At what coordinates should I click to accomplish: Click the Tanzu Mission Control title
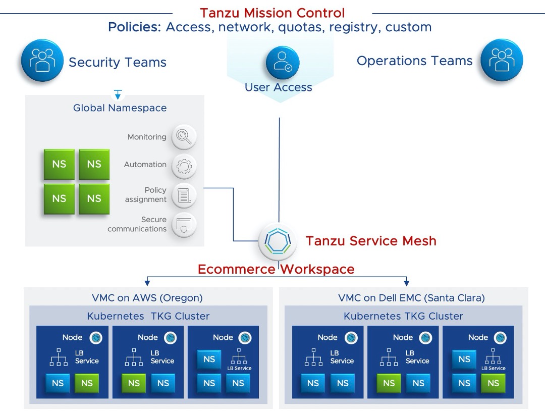coord(272,13)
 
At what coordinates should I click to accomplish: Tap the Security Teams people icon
coord(42,61)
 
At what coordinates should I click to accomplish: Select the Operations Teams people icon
coord(502,61)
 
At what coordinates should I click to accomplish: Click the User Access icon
coord(283,62)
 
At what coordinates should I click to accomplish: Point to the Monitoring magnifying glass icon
coord(184,137)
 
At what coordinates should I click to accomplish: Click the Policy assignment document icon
coord(184,195)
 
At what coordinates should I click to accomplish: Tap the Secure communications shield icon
coord(184,224)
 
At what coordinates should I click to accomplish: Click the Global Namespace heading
coord(120,108)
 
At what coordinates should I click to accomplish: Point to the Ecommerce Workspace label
coord(276,269)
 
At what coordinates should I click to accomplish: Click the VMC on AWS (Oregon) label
coord(147,298)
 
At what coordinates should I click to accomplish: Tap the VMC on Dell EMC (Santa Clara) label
coord(411,298)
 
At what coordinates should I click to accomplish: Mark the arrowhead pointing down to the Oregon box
coord(147,283)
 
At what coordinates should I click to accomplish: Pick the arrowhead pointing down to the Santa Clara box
coord(406,283)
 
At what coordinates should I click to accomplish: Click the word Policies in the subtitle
coord(134,27)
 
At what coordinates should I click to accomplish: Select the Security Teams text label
coord(118,62)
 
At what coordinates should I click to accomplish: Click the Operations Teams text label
coord(414,61)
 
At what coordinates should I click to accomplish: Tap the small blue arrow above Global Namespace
coord(118,94)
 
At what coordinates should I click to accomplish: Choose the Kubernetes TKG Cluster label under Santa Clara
coord(403,317)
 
